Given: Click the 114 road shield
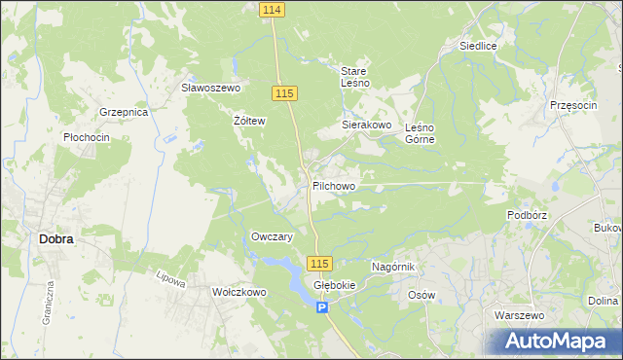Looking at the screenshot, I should (273, 9).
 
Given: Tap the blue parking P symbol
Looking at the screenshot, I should (323, 307).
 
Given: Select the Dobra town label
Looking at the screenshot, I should (55, 237).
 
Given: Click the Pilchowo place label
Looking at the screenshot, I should (334, 185).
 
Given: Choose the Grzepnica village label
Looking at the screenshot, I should (123, 113).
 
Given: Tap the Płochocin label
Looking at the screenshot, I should (86, 138).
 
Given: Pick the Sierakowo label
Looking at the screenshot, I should (366, 126).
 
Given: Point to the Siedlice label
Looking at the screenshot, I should (479, 46).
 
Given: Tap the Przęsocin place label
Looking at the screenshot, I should (572, 104).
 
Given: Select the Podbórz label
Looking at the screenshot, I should (526, 214).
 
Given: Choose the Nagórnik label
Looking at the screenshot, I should (394, 266).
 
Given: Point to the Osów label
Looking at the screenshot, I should (421, 295).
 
